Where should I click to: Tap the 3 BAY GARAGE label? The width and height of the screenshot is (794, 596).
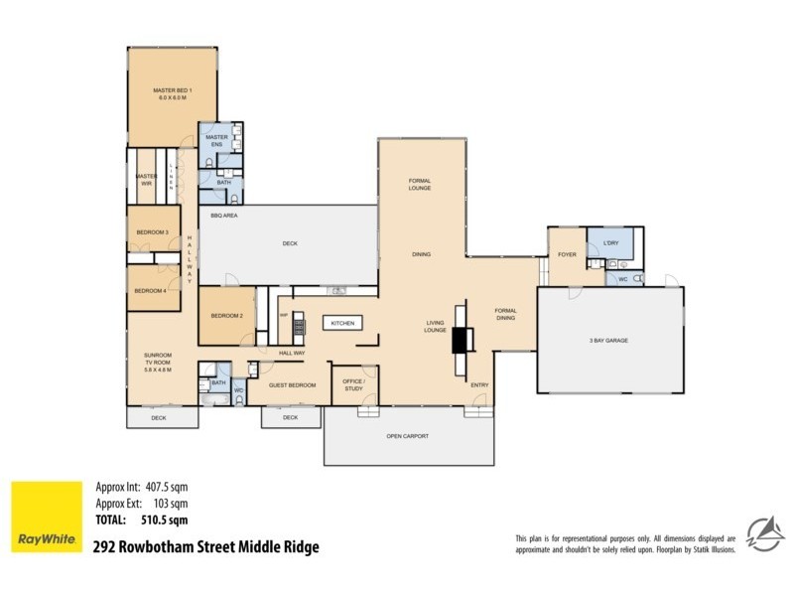(x=609, y=341)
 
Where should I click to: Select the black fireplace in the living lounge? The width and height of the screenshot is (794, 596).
(x=460, y=341)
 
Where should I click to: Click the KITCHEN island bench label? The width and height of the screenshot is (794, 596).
(x=342, y=324)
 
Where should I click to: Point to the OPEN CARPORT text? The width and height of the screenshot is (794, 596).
(x=408, y=436)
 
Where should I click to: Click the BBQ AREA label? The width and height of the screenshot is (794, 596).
(x=222, y=215)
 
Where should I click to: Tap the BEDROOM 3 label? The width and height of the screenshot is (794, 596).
(x=152, y=231)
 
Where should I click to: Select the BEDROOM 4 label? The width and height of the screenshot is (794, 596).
(x=150, y=290)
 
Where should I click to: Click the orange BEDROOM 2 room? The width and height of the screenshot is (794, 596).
(x=226, y=315)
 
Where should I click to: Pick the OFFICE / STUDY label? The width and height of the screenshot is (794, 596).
(x=354, y=384)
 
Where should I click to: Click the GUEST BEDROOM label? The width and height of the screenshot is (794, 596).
(x=294, y=384)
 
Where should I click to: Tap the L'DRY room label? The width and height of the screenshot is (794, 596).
(x=611, y=242)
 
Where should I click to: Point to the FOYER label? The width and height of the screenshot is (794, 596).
(x=567, y=255)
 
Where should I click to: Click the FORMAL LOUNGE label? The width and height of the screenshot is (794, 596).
(x=420, y=184)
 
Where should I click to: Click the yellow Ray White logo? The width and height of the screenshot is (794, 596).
(x=46, y=518)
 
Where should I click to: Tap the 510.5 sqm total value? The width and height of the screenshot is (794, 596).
(x=165, y=519)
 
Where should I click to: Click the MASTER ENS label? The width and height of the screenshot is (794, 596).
(x=216, y=140)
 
